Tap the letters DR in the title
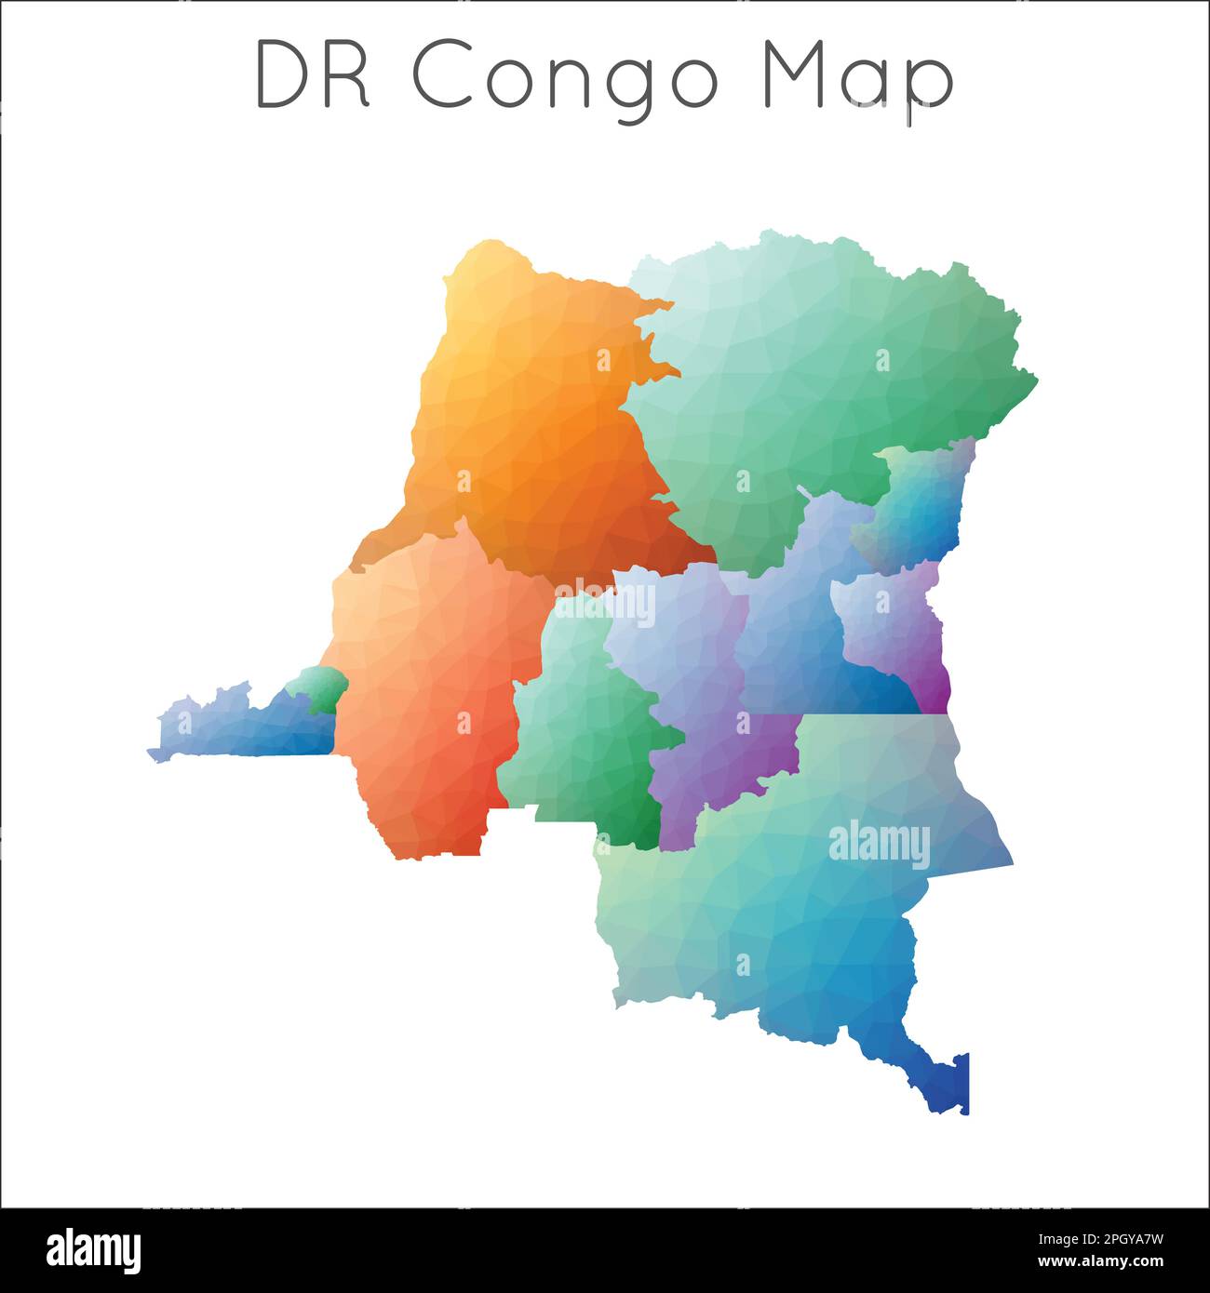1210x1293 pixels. [x=313, y=74]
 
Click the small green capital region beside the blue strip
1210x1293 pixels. [x=319, y=689]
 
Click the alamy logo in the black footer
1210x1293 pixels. [x=93, y=1249]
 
